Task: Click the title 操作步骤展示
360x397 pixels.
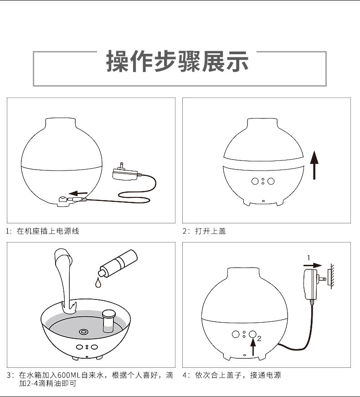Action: click(x=178, y=62)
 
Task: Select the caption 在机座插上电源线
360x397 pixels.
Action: click(x=48, y=231)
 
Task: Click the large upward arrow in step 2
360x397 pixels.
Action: click(x=314, y=165)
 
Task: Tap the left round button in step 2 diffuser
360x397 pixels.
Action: click(x=255, y=181)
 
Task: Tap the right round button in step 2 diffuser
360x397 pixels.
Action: click(x=271, y=181)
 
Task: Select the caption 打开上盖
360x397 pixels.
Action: click(x=210, y=231)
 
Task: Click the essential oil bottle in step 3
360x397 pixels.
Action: click(x=118, y=263)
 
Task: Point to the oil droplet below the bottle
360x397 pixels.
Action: click(x=98, y=283)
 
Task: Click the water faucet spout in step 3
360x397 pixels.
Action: click(x=63, y=258)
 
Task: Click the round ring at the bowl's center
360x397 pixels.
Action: click(x=84, y=332)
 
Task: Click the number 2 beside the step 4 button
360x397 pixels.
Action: click(x=259, y=339)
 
